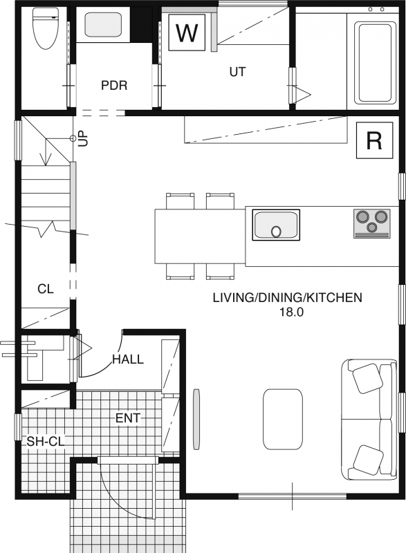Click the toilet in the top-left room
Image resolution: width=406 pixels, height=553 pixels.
pyautogui.click(x=45, y=28)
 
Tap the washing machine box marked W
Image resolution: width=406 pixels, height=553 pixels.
pyautogui.click(x=187, y=32)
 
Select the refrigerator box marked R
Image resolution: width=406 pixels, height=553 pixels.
pyautogui.click(x=374, y=140)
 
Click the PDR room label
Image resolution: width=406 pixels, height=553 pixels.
pyautogui.click(x=114, y=85)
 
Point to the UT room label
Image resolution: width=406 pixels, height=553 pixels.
pyautogui.click(x=237, y=72)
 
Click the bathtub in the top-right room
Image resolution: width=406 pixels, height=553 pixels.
pyautogui.click(x=375, y=62)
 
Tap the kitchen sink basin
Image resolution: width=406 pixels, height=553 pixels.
pyautogui.click(x=276, y=225)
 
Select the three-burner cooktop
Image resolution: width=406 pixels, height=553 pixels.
pyautogui.click(x=372, y=223)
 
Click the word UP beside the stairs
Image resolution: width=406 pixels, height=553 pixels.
pyautogui.click(x=83, y=139)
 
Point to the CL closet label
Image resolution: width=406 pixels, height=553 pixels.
pyautogui.click(x=46, y=289)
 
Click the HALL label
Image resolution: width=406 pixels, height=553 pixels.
pyautogui.click(x=128, y=359)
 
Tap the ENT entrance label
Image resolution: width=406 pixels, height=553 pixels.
pyautogui.click(x=128, y=418)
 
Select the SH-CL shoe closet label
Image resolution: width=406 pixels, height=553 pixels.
pyautogui.click(x=46, y=442)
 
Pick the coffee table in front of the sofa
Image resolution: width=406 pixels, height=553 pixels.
pyautogui.click(x=283, y=420)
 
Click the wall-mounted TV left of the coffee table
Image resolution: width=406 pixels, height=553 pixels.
pyautogui.click(x=196, y=419)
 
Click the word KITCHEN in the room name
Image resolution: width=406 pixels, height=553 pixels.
pyautogui.click(x=333, y=298)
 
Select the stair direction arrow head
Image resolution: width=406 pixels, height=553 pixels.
pyautogui.click(x=46, y=160)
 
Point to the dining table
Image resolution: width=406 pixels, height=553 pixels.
pyautogui.click(x=200, y=236)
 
